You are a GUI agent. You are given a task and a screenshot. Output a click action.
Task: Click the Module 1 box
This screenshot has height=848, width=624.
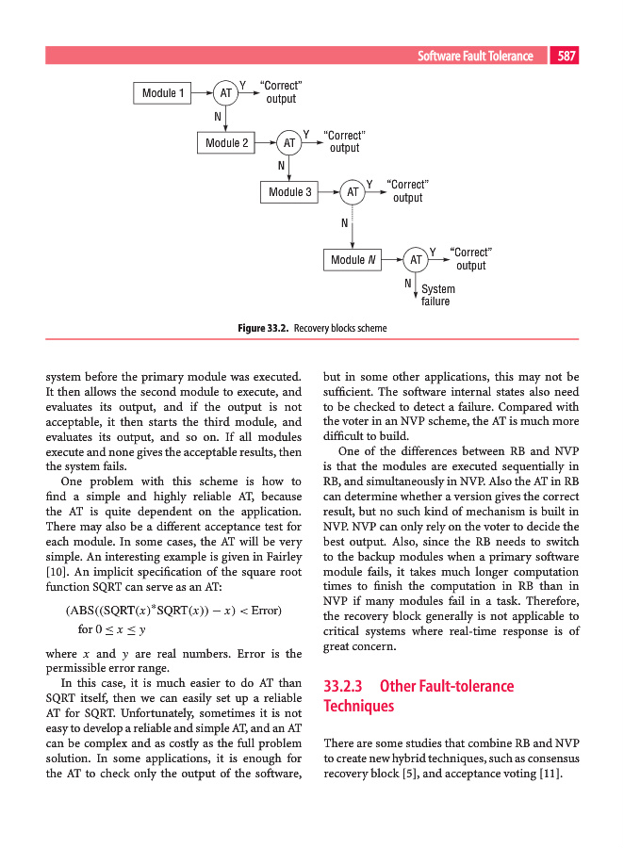point(164,92)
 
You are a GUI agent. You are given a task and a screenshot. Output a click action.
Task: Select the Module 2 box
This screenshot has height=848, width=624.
point(227,142)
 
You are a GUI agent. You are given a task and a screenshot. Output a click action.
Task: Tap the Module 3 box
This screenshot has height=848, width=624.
point(290,192)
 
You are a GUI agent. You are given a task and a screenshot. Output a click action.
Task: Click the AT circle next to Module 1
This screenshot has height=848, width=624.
point(226,93)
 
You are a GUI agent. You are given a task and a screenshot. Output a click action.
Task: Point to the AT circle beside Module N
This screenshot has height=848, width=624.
point(416,258)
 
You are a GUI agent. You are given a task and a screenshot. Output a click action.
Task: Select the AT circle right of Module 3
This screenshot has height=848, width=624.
point(353,192)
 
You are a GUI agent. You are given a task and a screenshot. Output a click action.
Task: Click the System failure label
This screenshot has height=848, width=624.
point(436,295)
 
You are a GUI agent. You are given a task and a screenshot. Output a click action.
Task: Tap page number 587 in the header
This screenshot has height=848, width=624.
point(567,57)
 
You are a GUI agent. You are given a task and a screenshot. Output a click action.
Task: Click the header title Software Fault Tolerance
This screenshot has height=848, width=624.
point(475,57)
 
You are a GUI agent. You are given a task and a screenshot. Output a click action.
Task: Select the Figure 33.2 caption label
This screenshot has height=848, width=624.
point(263,328)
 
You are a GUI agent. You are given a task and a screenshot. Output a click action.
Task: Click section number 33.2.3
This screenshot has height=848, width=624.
point(344,686)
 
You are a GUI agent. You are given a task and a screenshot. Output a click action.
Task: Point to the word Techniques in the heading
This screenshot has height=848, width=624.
point(357,706)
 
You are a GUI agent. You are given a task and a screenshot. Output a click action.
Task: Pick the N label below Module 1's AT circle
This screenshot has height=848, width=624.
point(218,116)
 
